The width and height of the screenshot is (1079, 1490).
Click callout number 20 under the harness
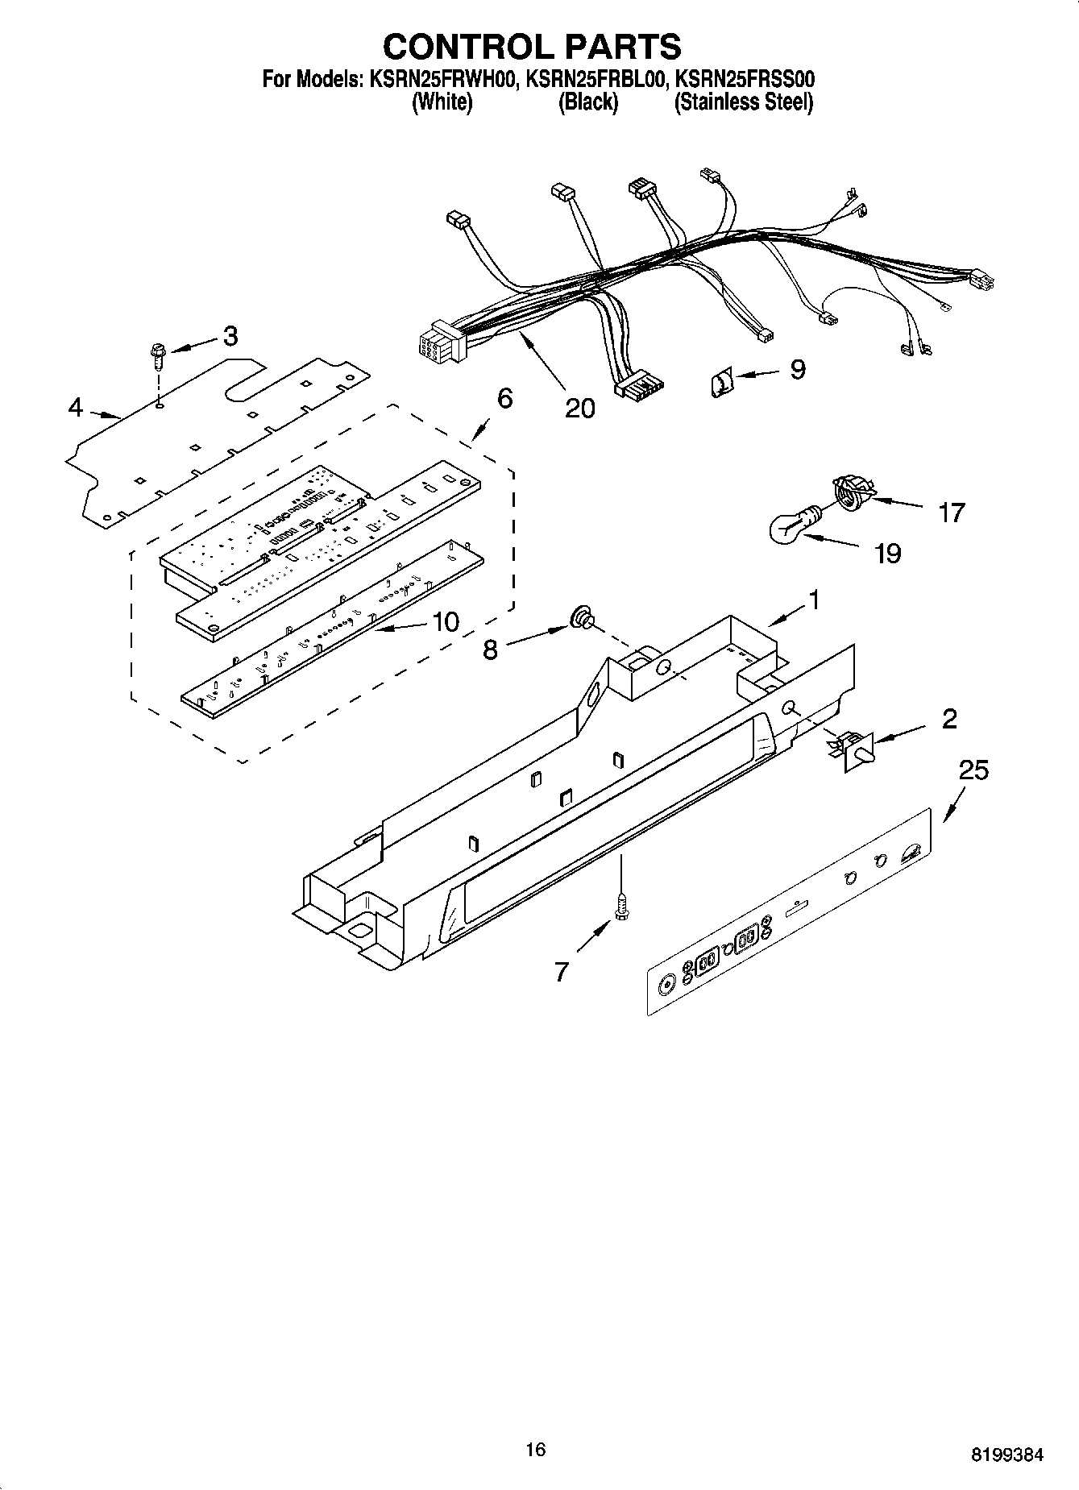coord(579,409)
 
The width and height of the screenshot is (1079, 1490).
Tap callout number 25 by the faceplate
coord(973,770)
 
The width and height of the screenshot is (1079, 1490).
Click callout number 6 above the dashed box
coord(505,398)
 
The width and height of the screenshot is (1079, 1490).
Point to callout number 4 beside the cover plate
coord(75,408)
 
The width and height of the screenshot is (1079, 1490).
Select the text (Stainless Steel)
coord(743,103)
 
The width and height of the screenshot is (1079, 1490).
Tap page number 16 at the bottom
coord(535,1451)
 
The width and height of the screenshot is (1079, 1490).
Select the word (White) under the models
coord(442,103)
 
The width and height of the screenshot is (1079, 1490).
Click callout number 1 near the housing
coord(815,600)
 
